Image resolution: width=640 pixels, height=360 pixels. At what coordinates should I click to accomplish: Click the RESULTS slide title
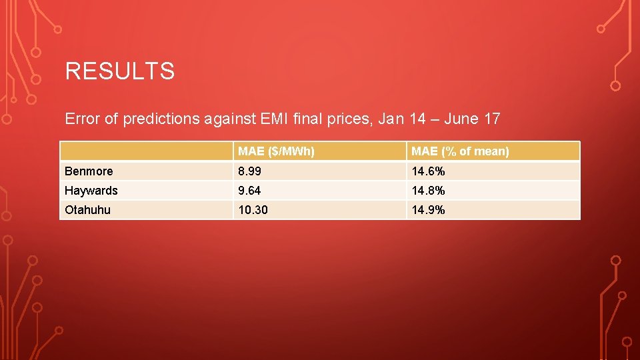tap(120, 71)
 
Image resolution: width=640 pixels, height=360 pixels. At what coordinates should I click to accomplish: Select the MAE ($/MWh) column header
tap(277, 151)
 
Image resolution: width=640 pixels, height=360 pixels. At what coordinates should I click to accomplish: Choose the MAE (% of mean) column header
tap(460, 151)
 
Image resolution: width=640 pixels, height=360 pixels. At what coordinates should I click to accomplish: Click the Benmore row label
tap(89, 171)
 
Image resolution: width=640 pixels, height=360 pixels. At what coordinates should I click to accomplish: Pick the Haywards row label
tap(91, 191)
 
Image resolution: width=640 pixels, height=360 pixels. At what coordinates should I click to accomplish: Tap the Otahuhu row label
tap(87, 210)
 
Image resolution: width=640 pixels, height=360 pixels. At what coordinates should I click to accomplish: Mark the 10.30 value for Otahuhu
tap(253, 210)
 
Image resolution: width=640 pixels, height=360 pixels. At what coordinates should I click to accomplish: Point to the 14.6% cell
tap(428, 171)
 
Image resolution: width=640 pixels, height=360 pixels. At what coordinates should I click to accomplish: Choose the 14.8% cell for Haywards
tap(428, 191)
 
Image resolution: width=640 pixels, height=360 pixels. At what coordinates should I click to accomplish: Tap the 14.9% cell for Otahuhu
tap(428, 210)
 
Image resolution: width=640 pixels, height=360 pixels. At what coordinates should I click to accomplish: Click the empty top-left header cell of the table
tap(146, 151)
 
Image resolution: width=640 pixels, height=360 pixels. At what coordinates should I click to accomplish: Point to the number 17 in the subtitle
tap(493, 119)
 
